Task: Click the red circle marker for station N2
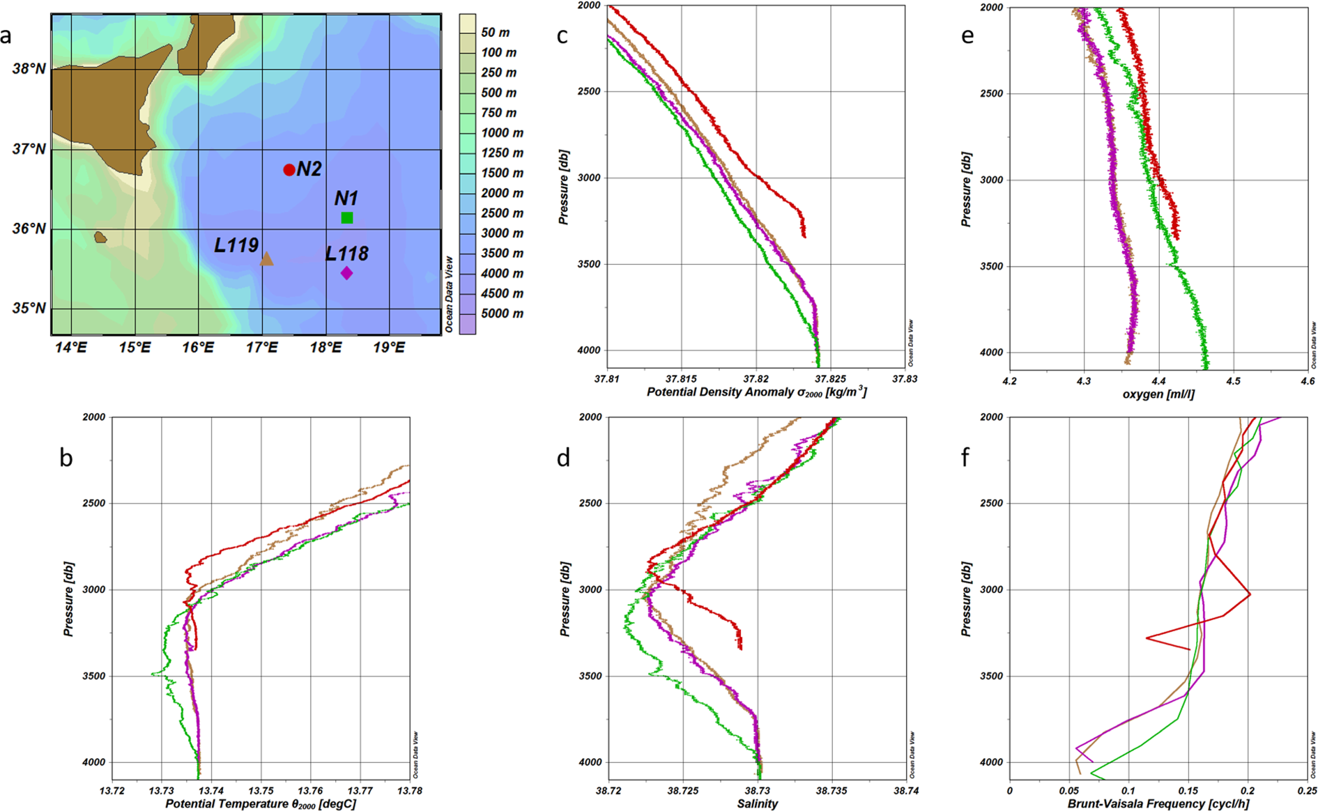click(x=289, y=170)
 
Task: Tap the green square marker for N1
click(x=347, y=218)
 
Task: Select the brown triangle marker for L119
click(x=266, y=260)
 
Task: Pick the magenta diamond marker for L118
click(x=346, y=273)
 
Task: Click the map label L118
click(x=346, y=254)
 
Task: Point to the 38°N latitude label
click(x=29, y=69)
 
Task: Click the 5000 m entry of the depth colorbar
click(x=502, y=314)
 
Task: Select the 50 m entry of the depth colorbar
click(x=495, y=33)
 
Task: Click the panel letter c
click(x=562, y=36)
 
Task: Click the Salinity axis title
click(x=757, y=803)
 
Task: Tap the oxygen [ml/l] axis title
click(x=1158, y=394)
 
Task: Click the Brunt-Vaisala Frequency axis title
click(x=1158, y=803)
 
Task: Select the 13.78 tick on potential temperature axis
click(x=408, y=791)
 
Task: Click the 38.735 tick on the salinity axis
click(x=831, y=791)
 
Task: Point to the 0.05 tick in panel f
click(x=1068, y=791)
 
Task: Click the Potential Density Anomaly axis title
click(x=756, y=392)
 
